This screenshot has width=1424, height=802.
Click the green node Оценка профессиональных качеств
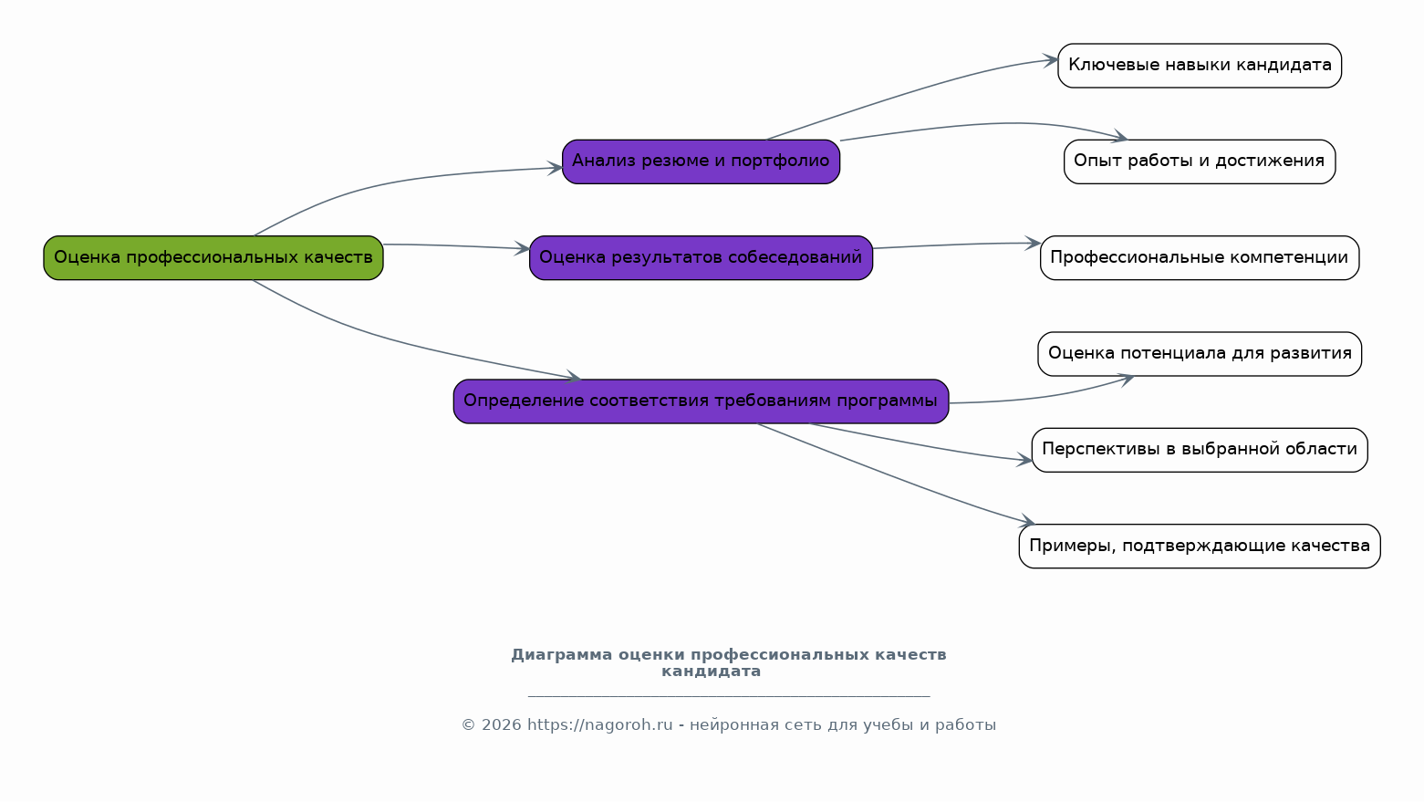[213, 257]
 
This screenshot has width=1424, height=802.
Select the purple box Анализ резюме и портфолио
[701, 161]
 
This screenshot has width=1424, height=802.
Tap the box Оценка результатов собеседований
[701, 257]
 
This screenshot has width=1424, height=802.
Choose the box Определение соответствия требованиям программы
[701, 401]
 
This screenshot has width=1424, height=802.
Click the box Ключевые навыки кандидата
[1200, 66]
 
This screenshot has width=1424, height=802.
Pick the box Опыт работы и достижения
[1200, 161]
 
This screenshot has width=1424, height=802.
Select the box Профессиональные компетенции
[1200, 257]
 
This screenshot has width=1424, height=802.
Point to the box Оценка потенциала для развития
[1200, 354]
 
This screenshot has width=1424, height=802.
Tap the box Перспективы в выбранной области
[1200, 450]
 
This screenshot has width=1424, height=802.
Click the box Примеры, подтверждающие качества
[1200, 546]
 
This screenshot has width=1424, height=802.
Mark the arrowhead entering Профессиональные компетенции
[1033, 244]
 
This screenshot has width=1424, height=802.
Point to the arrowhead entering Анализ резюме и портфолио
[556, 168]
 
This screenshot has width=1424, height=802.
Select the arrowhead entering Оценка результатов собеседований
[523, 248]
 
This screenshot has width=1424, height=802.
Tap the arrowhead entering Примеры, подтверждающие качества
[1027, 523]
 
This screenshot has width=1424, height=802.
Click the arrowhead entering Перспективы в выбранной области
[1024, 461]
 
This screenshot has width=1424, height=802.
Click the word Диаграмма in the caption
[561, 655]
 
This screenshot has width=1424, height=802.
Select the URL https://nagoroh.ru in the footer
[599, 725]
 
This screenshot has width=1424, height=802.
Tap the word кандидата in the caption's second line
[711, 672]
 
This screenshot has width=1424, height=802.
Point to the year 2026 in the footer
[501, 725]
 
